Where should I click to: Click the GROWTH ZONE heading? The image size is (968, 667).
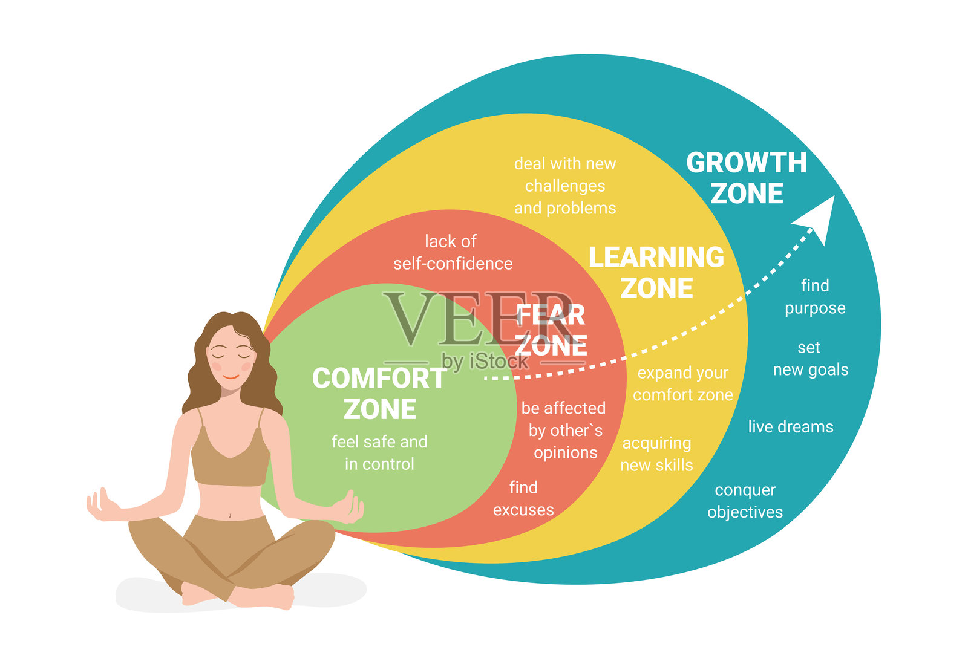pyautogui.click(x=747, y=178)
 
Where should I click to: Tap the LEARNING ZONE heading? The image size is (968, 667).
pyautogui.click(x=656, y=272)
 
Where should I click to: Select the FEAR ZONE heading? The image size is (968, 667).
pyautogui.click(x=551, y=330)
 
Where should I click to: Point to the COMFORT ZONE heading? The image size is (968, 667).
pyautogui.click(x=379, y=394)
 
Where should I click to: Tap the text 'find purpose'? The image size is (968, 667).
pyautogui.click(x=815, y=296)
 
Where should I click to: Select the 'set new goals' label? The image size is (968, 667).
pyautogui.click(x=810, y=359)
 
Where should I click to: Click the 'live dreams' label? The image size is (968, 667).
pyautogui.click(x=790, y=427)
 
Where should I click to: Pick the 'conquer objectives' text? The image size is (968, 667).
pyautogui.click(x=745, y=501)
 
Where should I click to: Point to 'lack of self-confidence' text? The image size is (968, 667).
pyautogui.click(x=453, y=252)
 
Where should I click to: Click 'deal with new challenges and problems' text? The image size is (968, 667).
pyautogui.click(x=565, y=186)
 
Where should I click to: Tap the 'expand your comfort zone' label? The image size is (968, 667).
pyautogui.click(x=682, y=383)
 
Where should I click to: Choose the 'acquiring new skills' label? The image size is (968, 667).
pyautogui.click(x=656, y=454)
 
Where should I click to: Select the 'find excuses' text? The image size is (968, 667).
pyautogui.click(x=523, y=498)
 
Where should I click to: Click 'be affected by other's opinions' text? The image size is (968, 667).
pyautogui.click(x=564, y=430)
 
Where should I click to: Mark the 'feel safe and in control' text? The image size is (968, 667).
pyautogui.click(x=379, y=452)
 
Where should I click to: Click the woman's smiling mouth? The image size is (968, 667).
pyautogui.click(x=231, y=377)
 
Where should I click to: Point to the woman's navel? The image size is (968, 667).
pyautogui.click(x=230, y=515)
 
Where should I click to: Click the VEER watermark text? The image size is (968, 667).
pyautogui.click(x=478, y=319)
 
